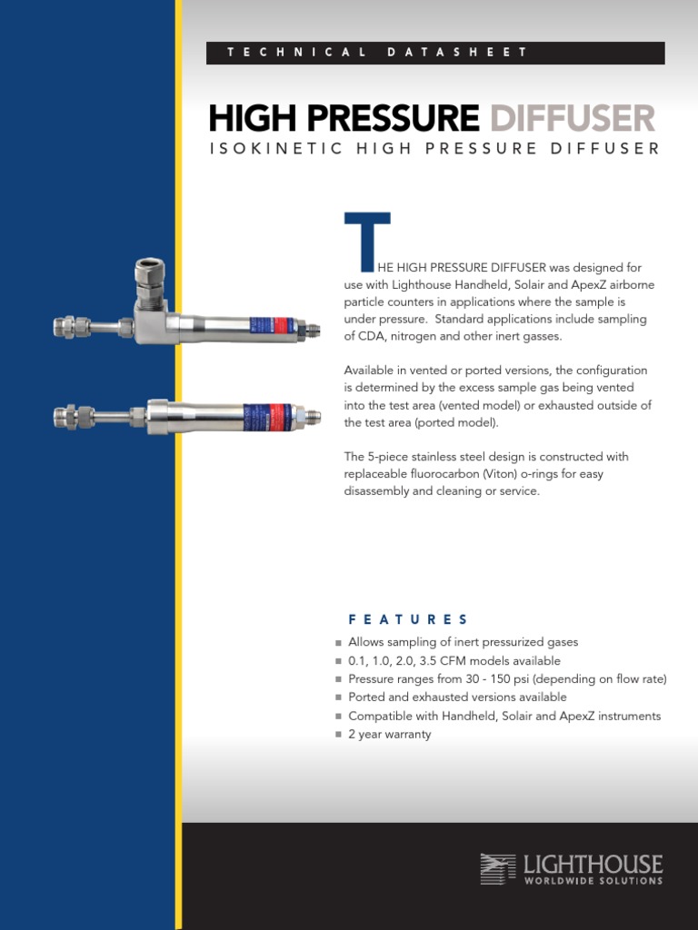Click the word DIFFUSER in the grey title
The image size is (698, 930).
[x=572, y=118]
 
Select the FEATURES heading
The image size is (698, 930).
[x=408, y=619]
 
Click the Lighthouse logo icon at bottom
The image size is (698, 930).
[x=497, y=869]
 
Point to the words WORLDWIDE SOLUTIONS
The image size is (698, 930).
[x=593, y=880]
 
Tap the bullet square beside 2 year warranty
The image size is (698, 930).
[x=338, y=735]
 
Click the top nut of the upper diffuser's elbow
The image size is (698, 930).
[x=148, y=272]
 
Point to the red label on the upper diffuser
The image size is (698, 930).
[x=278, y=325]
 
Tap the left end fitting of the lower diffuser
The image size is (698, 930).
[x=67, y=417]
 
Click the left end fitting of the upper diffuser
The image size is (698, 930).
[x=66, y=326]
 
